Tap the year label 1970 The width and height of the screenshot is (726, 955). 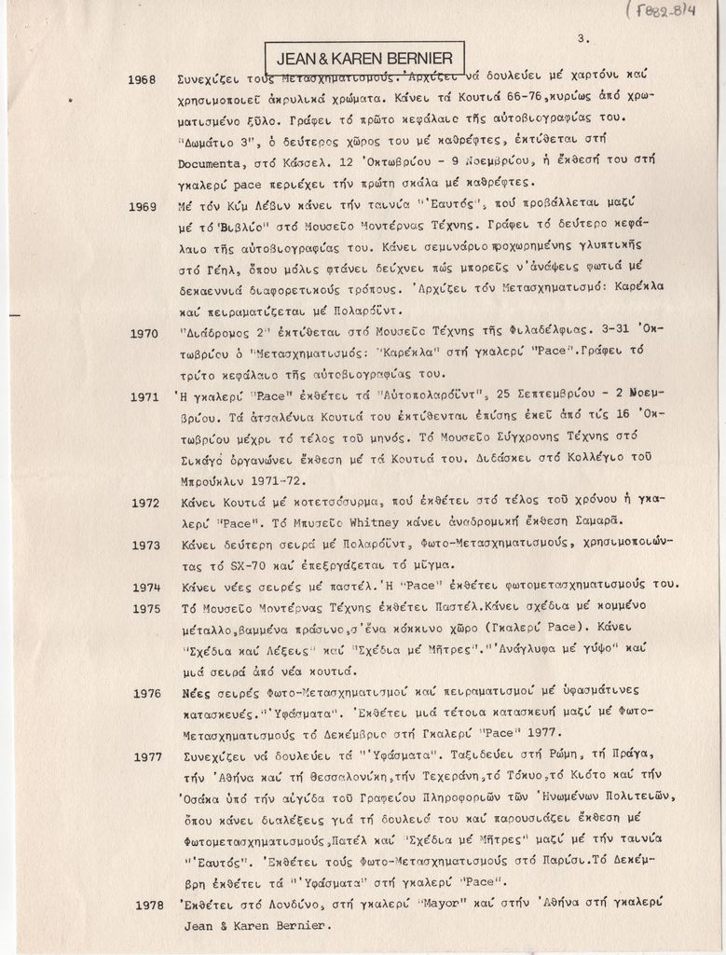tap(144, 333)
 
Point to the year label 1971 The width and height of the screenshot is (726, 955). tap(144, 397)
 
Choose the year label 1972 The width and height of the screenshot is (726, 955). tap(145, 503)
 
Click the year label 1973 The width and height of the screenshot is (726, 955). tap(145, 546)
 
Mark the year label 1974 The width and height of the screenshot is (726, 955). tap(146, 588)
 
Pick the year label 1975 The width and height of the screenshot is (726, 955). tap(146, 608)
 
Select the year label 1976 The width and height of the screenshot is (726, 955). tap(147, 693)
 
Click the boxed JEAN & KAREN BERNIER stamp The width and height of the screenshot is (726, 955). tap(364, 58)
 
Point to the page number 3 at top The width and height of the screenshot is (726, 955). tap(582, 38)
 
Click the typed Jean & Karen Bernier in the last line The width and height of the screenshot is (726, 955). tap(254, 925)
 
